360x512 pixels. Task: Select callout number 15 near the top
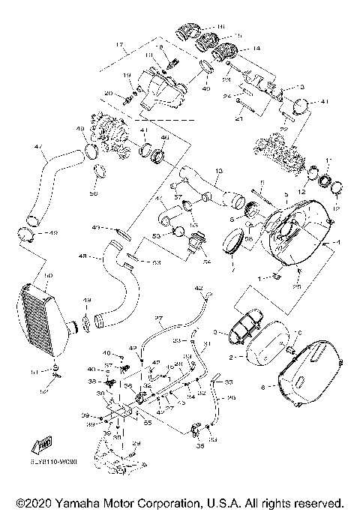click(239, 36)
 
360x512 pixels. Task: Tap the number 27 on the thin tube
click(159, 319)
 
